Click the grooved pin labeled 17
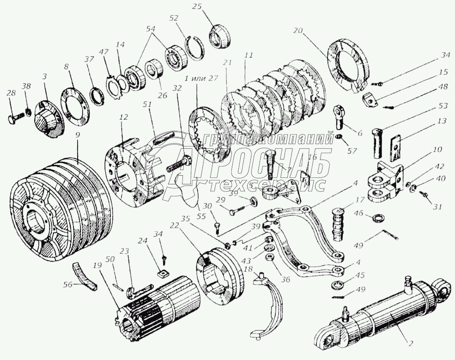(338, 225)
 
